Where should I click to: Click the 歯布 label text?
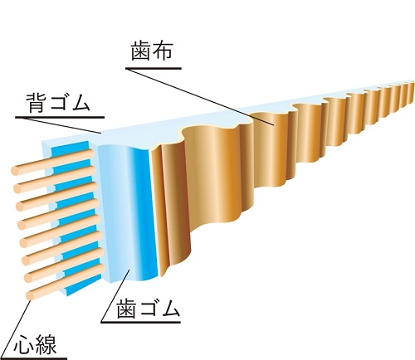tap(152, 51)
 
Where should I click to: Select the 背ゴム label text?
tap(58, 102)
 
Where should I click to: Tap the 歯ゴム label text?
tap(149, 309)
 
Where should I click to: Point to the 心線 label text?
tap(36, 344)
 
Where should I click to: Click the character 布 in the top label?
tap(164, 51)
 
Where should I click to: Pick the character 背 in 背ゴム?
tap(37, 102)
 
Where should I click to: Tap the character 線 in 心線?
tap(46, 344)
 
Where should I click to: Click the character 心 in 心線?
tap(24, 344)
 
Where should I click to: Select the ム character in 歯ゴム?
tap(170, 309)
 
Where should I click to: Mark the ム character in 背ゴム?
tap(81, 102)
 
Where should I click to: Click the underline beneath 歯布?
tap(154, 68)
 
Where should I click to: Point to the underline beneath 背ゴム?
tap(60, 117)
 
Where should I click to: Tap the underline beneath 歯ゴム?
tap(141, 322)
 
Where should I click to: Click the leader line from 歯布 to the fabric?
tap(200, 97)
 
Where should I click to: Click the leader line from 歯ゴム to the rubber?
tap(115, 296)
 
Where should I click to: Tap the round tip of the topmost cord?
tap(16, 171)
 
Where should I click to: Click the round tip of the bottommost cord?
tap(31, 295)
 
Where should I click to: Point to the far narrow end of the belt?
tap(413, 93)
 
